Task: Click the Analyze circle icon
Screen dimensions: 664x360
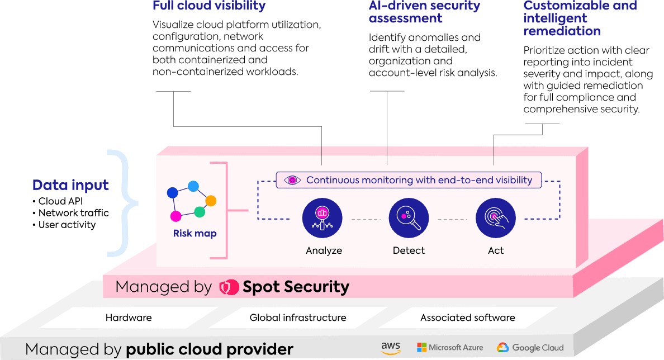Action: pyautogui.click(x=322, y=218)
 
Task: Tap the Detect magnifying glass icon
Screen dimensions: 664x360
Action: pyautogui.click(x=409, y=218)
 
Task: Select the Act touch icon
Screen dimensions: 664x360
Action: pyautogui.click(x=495, y=218)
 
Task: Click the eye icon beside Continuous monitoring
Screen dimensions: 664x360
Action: pyautogui.click(x=292, y=180)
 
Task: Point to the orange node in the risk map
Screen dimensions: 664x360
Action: pyautogui.click(x=211, y=200)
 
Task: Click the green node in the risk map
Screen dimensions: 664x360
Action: pyautogui.click(x=200, y=211)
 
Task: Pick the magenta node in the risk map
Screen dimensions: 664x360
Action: pyautogui.click(x=176, y=216)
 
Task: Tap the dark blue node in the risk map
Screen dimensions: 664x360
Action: pyautogui.click(x=172, y=193)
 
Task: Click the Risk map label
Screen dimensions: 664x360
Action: pyautogui.click(x=195, y=233)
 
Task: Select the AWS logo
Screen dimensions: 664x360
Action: pyautogui.click(x=391, y=348)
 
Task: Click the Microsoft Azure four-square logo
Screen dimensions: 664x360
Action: pyautogui.click(x=422, y=348)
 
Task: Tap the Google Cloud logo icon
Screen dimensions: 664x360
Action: pyautogui.click(x=502, y=348)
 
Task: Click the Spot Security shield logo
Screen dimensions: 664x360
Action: pyautogui.click(x=229, y=287)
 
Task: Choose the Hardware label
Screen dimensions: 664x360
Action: pyautogui.click(x=129, y=318)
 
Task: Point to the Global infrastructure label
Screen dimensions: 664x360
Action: pyautogui.click(x=298, y=318)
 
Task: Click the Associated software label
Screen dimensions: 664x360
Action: pyautogui.click(x=467, y=318)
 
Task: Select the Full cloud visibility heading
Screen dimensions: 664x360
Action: pyautogui.click(x=209, y=6)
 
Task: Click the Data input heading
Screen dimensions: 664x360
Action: pyautogui.click(x=71, y=186)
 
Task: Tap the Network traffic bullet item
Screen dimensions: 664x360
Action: pyautogui.click(x=71, y=212)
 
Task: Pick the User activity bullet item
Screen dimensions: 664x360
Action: pyautogui.click(x=64, y=225)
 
